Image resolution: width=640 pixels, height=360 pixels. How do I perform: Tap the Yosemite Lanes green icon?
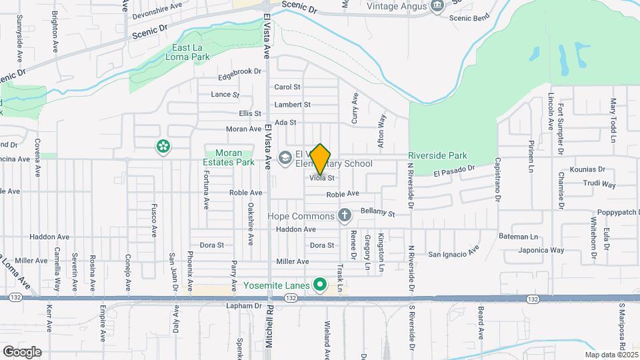click(x=319, y=286)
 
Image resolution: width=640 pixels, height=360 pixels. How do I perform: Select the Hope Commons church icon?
click(x=344, y=215)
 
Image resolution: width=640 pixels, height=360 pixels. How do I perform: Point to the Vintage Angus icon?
click(x=437, y=6)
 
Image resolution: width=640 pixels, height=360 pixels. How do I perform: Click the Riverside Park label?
click(x=437, y=155)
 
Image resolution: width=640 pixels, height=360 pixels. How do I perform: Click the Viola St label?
click(x=321, y=179)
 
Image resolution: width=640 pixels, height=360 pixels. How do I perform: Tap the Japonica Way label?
click(x=542, y=251)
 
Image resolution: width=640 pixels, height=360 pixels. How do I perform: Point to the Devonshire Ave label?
click(x=157, y=5)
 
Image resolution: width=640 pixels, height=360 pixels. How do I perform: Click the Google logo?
click(x=22, y=351)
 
